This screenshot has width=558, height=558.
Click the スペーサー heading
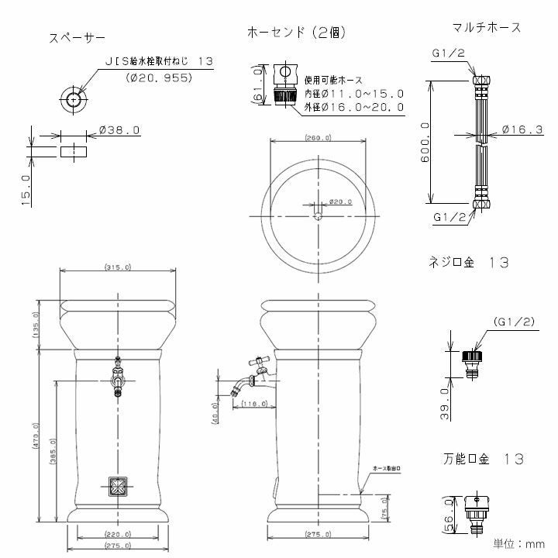77,37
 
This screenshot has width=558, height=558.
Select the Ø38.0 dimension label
120,131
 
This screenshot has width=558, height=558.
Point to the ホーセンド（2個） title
297,33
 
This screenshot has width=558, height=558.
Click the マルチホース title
486,27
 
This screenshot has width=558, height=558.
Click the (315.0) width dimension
116,267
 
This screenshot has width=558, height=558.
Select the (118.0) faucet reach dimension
253,404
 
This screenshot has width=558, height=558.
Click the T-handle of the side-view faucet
256,360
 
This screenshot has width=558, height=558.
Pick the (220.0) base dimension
116,535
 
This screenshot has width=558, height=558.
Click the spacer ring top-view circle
74,99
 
